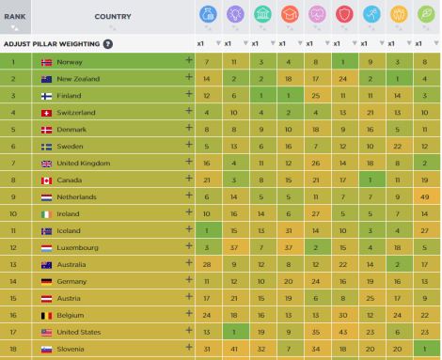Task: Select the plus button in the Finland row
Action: tap(189, 96)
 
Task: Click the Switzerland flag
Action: tap(46, 113)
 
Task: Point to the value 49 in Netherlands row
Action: tap(425, 197)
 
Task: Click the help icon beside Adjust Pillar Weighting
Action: tap(108, 43)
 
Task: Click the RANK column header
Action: tap(14, 16)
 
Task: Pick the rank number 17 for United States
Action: tap(14, 332)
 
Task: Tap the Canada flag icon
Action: tap(46, 180)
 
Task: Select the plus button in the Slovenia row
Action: tap(189, 349)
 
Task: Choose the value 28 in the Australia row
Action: tap(206, 264)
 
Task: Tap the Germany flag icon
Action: tap(46, 281)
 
